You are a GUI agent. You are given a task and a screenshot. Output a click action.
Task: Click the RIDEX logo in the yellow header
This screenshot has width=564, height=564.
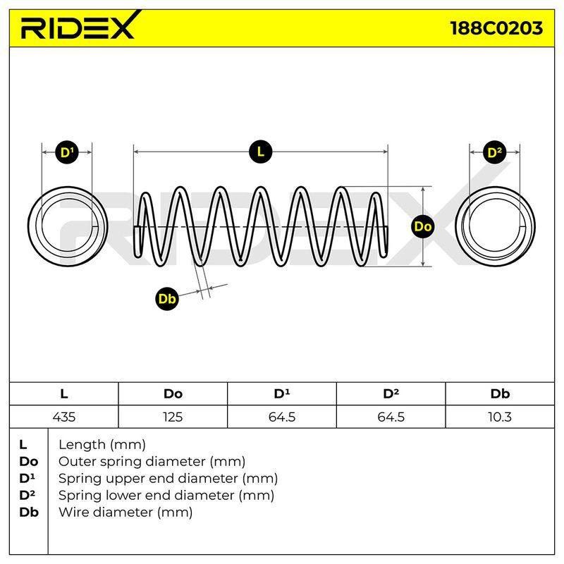(x=80, y=26)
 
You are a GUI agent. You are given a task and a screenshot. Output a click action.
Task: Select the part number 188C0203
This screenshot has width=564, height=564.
(x=496, y=28)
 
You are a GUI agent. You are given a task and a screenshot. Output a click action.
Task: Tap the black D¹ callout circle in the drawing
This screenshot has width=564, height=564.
(x=67, y=152)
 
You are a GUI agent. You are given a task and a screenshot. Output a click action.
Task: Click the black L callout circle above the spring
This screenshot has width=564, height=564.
(x=260, y=152)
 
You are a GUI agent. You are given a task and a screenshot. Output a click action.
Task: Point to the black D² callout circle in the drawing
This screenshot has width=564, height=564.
(x=495, y=152)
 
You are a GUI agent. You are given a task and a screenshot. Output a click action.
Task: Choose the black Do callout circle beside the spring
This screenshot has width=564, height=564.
(x=422, y=226)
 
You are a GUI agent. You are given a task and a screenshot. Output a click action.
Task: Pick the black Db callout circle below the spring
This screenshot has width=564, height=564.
(x=167, y=298)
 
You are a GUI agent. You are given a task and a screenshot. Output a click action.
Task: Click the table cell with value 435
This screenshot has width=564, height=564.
(x=64, y=417)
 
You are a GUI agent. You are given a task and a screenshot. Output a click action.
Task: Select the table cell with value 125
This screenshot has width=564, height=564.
(x=173, y=417)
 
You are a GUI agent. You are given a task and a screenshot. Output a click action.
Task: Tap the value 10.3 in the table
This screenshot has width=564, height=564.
(x=500, y=417)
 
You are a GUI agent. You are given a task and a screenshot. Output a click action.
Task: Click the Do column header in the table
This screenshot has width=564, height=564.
(x=173, y=394)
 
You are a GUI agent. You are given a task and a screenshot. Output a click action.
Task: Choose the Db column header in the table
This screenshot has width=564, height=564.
(x=500, y=394)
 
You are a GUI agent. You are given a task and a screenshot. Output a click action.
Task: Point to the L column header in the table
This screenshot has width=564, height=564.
(x=64, y=394)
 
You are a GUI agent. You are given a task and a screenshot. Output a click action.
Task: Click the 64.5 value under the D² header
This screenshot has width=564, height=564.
(x=391, y=417)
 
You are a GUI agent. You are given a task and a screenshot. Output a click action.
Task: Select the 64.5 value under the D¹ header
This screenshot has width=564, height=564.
(x=282, y=417)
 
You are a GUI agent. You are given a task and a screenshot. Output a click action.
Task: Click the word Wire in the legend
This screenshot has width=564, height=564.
(x=74, y=512)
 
